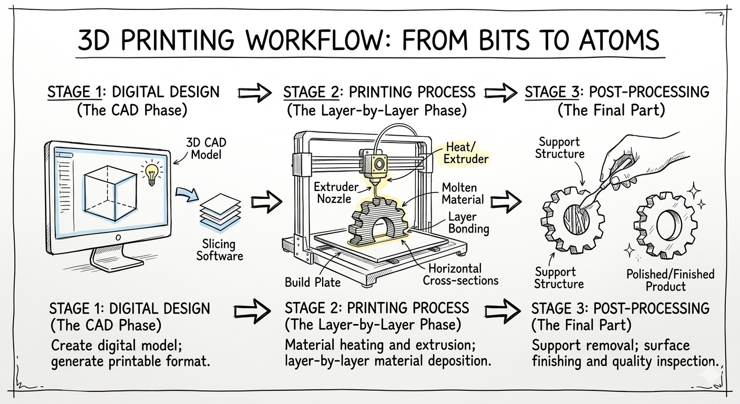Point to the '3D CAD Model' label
click(x=206, y=148)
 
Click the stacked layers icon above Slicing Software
click(x=220, y=212)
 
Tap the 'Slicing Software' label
click(x=219, y=250)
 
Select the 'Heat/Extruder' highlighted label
click(x=466, y=153)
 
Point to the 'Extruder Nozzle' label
click(x=336, y=193)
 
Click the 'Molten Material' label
click(x=462, y=194)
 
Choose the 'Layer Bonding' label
click(x=468, y=223)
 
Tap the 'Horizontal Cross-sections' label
click(x=460, y=275)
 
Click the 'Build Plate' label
click(x=313, y=282)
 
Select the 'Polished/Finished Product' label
click(x=671, y=280)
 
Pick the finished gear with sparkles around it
click(x=666, y=225)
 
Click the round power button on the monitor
click(x=118, y=237)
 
